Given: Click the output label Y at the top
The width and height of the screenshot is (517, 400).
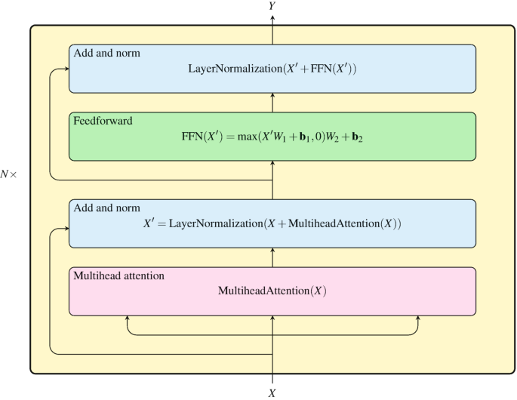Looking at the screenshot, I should point(272,6).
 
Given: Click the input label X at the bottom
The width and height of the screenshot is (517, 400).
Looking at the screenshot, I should point(272,393).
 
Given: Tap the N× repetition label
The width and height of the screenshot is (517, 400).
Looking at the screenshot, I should point(13,174).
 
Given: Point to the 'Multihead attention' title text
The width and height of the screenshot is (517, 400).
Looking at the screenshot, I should point(118,276).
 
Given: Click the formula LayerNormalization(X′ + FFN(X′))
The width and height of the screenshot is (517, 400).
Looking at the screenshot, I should point(272,69).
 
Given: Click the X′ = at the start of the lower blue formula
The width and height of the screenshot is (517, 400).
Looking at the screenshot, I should point(154,224).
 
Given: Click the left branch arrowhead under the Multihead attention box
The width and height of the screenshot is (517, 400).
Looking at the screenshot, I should point(128,318).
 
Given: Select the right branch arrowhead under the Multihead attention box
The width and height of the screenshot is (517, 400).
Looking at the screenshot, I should point(417,318).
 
